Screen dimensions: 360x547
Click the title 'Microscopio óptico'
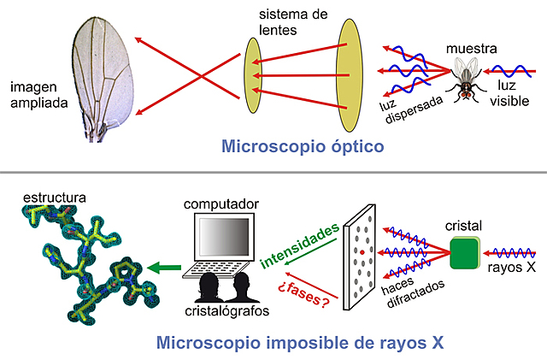303,146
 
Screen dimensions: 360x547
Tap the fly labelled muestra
468,79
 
